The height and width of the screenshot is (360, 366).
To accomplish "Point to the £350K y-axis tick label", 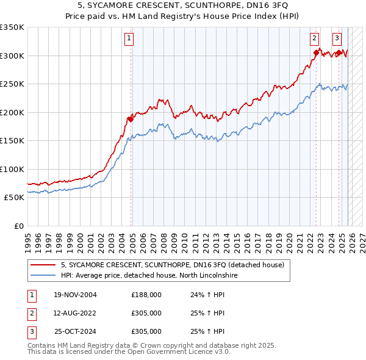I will tap(12, 27).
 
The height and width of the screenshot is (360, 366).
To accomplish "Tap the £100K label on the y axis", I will tap(12, 169).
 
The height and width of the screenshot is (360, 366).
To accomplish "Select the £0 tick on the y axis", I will tap(18, 226).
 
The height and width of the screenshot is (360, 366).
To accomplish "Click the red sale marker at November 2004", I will tap(131, 119).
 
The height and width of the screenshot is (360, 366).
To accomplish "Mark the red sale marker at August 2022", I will tap(316, 53).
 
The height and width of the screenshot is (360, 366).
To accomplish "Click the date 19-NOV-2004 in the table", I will tap(75, 295).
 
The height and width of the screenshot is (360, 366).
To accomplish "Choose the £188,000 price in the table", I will tap(146, 295).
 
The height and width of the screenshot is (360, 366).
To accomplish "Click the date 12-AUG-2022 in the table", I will tap(75, 313).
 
